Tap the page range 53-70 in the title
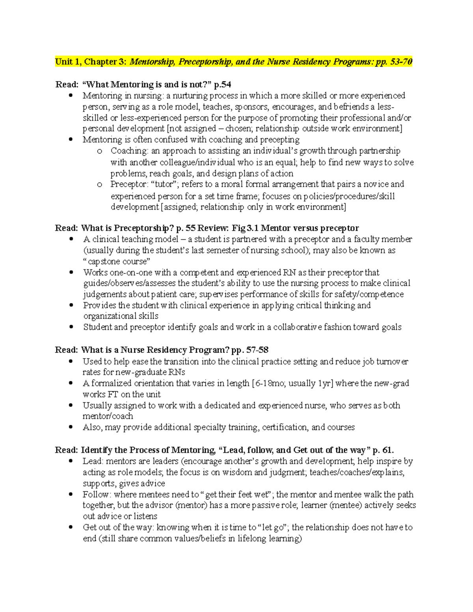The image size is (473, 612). [401, 62]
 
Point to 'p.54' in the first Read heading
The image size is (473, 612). [223, 84]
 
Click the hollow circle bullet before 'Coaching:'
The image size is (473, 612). [99, 151]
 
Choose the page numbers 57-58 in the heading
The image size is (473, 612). [257, 350]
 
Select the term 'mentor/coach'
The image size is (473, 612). [108, 417]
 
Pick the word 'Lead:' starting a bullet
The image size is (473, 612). [93, 461]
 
